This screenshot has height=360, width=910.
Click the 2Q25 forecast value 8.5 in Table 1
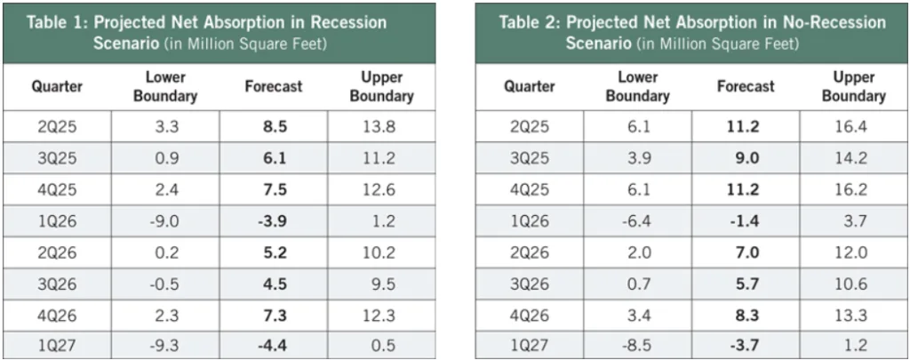pyautogui.click(x=274, y=127)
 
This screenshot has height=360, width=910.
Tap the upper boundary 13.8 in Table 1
pyautogui.click(x=382, y=127)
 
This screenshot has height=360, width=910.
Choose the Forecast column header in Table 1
pyautogui.click(x=274, y=86)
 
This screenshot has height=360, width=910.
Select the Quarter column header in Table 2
pyautogui.click(x=530, y=86)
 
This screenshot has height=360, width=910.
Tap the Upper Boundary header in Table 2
pyautogui.click(x=854, y=86)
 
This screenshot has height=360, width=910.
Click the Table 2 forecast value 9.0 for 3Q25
pyautogui.click(x=746, y=158)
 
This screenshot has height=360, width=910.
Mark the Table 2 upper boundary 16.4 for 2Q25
pyautogui.click(x=854, y=127)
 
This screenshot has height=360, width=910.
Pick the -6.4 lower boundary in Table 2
pyautogui.click(x=637, y=221)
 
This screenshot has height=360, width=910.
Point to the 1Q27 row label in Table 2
pyautogui.click(x=530, y=345)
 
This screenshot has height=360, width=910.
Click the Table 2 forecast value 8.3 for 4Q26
pyautogui.click(x=746, y=315)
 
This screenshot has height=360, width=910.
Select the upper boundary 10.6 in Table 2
pyautogui.click(x=854, y=284)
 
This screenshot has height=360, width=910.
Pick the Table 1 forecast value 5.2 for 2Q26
pyautogui.click(x=274, y=252)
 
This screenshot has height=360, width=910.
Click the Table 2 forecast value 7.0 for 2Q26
pyautogui.click(x=746, y=252)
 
